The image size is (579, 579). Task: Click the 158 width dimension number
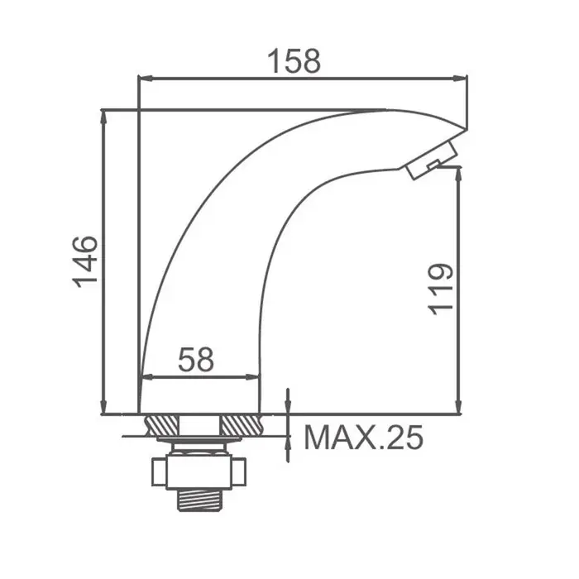294,61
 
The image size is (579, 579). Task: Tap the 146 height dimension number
85,262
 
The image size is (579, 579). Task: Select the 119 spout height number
440,289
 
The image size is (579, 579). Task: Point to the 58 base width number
196,359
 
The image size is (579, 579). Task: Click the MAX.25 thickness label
363,438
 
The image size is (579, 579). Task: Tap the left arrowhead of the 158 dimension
145,79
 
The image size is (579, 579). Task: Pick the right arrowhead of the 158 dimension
460,79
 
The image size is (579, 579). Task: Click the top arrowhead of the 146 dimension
103,117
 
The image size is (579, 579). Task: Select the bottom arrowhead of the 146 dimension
103,407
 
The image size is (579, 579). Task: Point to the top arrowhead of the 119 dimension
458,175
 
